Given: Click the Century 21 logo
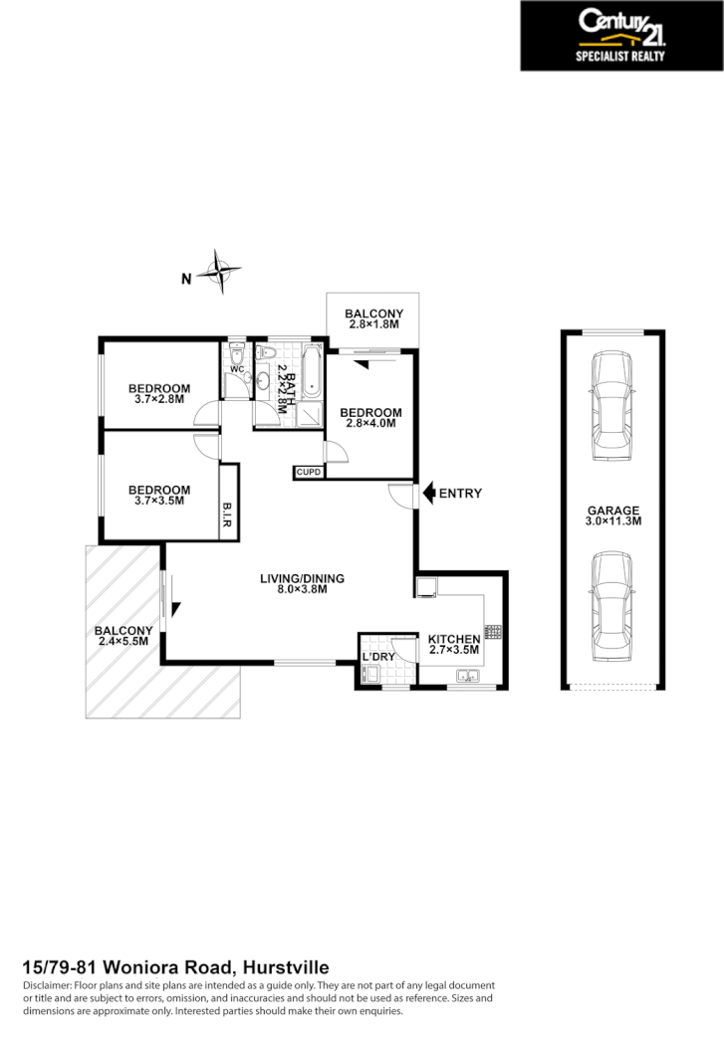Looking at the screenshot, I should [x=622, y=35].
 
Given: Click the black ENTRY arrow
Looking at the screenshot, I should [x=429, y=493].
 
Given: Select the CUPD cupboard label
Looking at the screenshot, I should [x=308, y=472].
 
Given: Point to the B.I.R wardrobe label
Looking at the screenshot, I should [x=228, y=515].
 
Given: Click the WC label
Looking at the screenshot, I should [x=237, y=369].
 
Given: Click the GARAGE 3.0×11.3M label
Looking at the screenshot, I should [x=611, y=515].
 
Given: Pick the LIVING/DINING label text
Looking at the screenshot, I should [x=302, y=578].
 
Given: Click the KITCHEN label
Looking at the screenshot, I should [x=454, y=639].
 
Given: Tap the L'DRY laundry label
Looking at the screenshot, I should [x=378, y=658].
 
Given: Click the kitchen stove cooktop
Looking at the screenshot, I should [x=492, y=631].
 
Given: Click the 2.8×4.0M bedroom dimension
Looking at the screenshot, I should [x=370, y=423].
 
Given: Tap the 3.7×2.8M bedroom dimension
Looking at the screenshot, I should [x=159, y=399].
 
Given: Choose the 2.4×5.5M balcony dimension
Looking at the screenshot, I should [x=122, y=641].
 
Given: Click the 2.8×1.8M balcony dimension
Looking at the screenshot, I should [x=373, y=323].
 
